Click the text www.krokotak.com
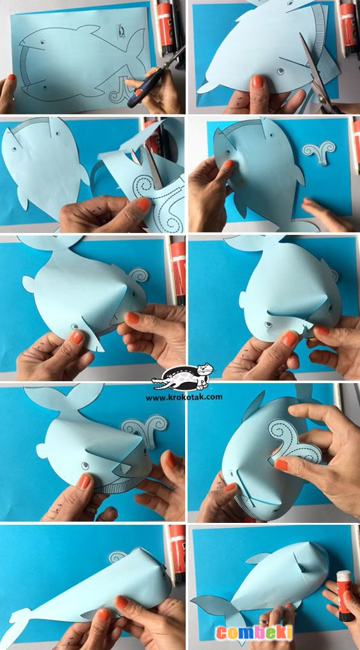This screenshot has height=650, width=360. point(184,397)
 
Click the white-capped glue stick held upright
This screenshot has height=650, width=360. point(343,596)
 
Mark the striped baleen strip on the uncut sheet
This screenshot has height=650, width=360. point(28,68)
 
